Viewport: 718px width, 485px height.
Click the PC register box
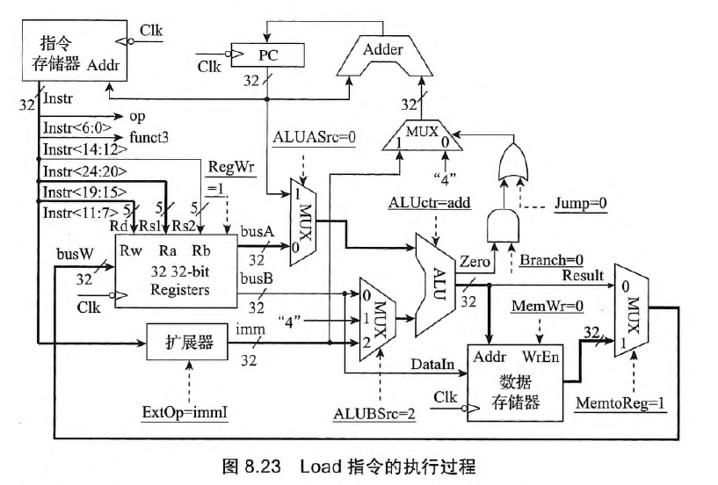click(x=268, y=55)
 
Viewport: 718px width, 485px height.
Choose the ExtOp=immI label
click(x=185, y=411)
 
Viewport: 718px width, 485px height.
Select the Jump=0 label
click(x=584, y=202)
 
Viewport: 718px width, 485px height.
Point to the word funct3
click(x=152, y=133)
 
